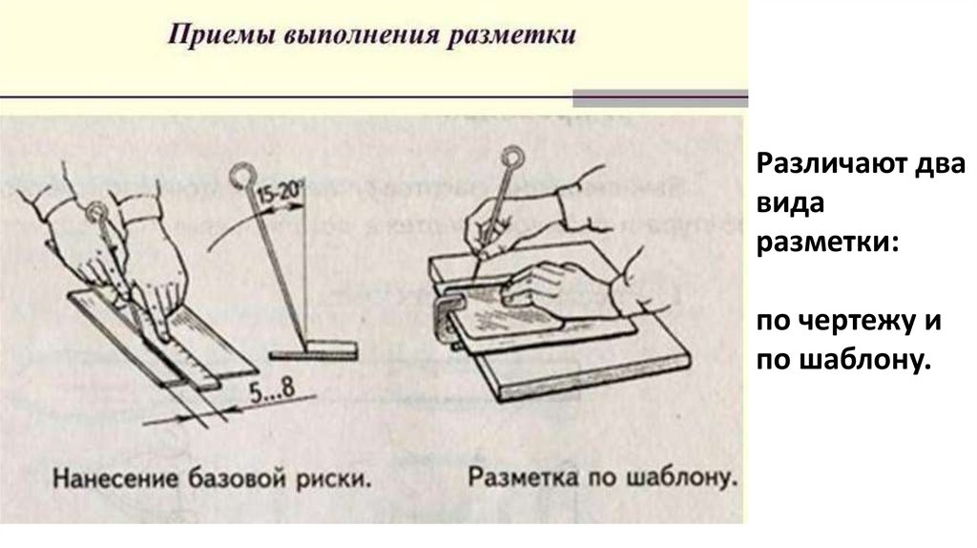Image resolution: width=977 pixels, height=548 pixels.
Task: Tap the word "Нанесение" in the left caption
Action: coord(109,474)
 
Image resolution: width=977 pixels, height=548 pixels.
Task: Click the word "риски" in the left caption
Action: coord(330,474)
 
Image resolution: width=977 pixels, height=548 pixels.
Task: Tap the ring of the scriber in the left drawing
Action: coord(96,209)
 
